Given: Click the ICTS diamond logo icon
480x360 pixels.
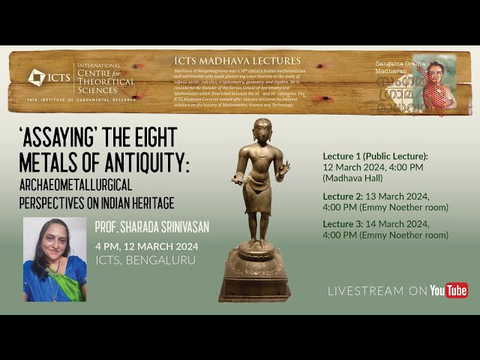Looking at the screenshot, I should pyautogui.click(x=36, y=77).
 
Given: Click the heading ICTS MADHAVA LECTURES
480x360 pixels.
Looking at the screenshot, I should pyautogui.click(x=237, y=61).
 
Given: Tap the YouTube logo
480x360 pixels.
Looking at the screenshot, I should pyautogui.click(x=448, y=290).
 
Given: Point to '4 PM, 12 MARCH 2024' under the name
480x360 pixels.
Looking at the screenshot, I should pyautogui.click(x=146, y=245).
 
